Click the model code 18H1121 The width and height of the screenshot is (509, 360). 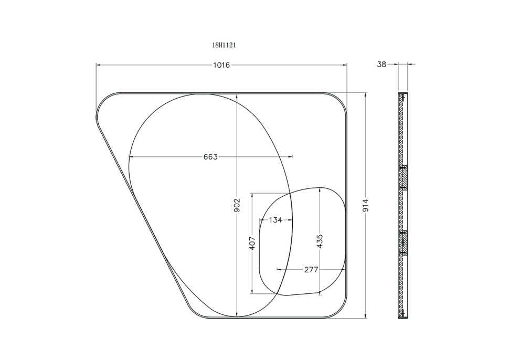pos(224,46)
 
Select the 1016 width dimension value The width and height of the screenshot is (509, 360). pos(221,65)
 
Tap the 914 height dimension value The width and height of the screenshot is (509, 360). pos(366,206)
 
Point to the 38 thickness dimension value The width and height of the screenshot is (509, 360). pos(381,65)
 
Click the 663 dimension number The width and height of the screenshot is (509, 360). pos(210,157)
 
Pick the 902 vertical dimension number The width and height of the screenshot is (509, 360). pos(237,206)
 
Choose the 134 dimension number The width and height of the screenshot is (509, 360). pos(275,220)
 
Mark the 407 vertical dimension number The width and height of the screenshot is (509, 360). pos(252,243)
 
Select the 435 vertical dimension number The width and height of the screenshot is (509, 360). pos(320,241)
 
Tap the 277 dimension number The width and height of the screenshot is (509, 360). pos(311,269)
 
